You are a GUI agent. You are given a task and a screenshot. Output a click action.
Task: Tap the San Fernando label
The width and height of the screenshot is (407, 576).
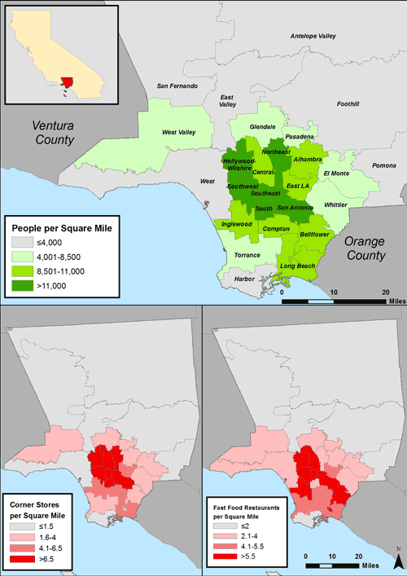coord(177,86)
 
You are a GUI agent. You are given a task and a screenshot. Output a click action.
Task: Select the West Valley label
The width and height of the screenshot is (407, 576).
coord(179,132)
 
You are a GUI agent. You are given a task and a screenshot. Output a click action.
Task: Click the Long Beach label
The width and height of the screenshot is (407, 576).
coord(297,266)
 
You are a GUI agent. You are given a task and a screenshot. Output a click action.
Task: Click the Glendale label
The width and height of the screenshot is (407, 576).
coord(263,127)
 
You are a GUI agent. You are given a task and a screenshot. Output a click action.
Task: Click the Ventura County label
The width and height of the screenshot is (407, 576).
coord(53,133)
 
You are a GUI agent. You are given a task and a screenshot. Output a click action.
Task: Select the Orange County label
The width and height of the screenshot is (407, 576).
coord(363,249)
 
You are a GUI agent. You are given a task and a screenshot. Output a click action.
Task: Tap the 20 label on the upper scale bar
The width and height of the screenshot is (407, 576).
coord(386,291)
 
